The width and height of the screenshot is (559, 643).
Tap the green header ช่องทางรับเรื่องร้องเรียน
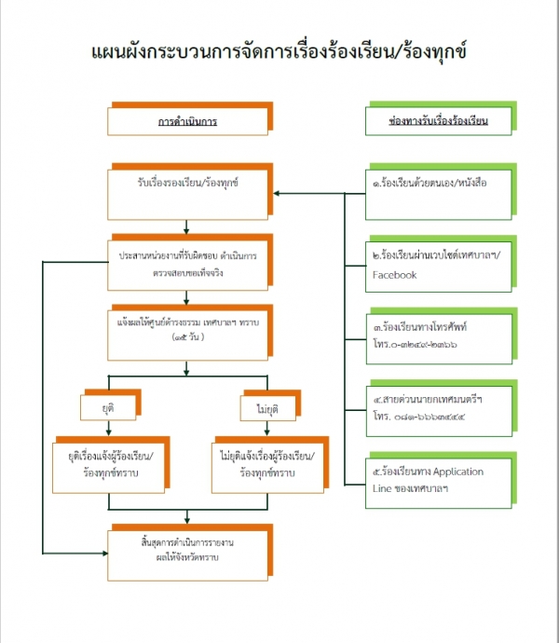pos(438,122)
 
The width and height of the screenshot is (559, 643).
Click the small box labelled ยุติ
pos(109,407)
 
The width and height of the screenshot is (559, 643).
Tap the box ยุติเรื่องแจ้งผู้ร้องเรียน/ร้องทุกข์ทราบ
pos(109,463)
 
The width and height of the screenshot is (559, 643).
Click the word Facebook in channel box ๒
pos(394,275)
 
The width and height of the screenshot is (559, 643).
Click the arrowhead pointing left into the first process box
pos(277,194)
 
